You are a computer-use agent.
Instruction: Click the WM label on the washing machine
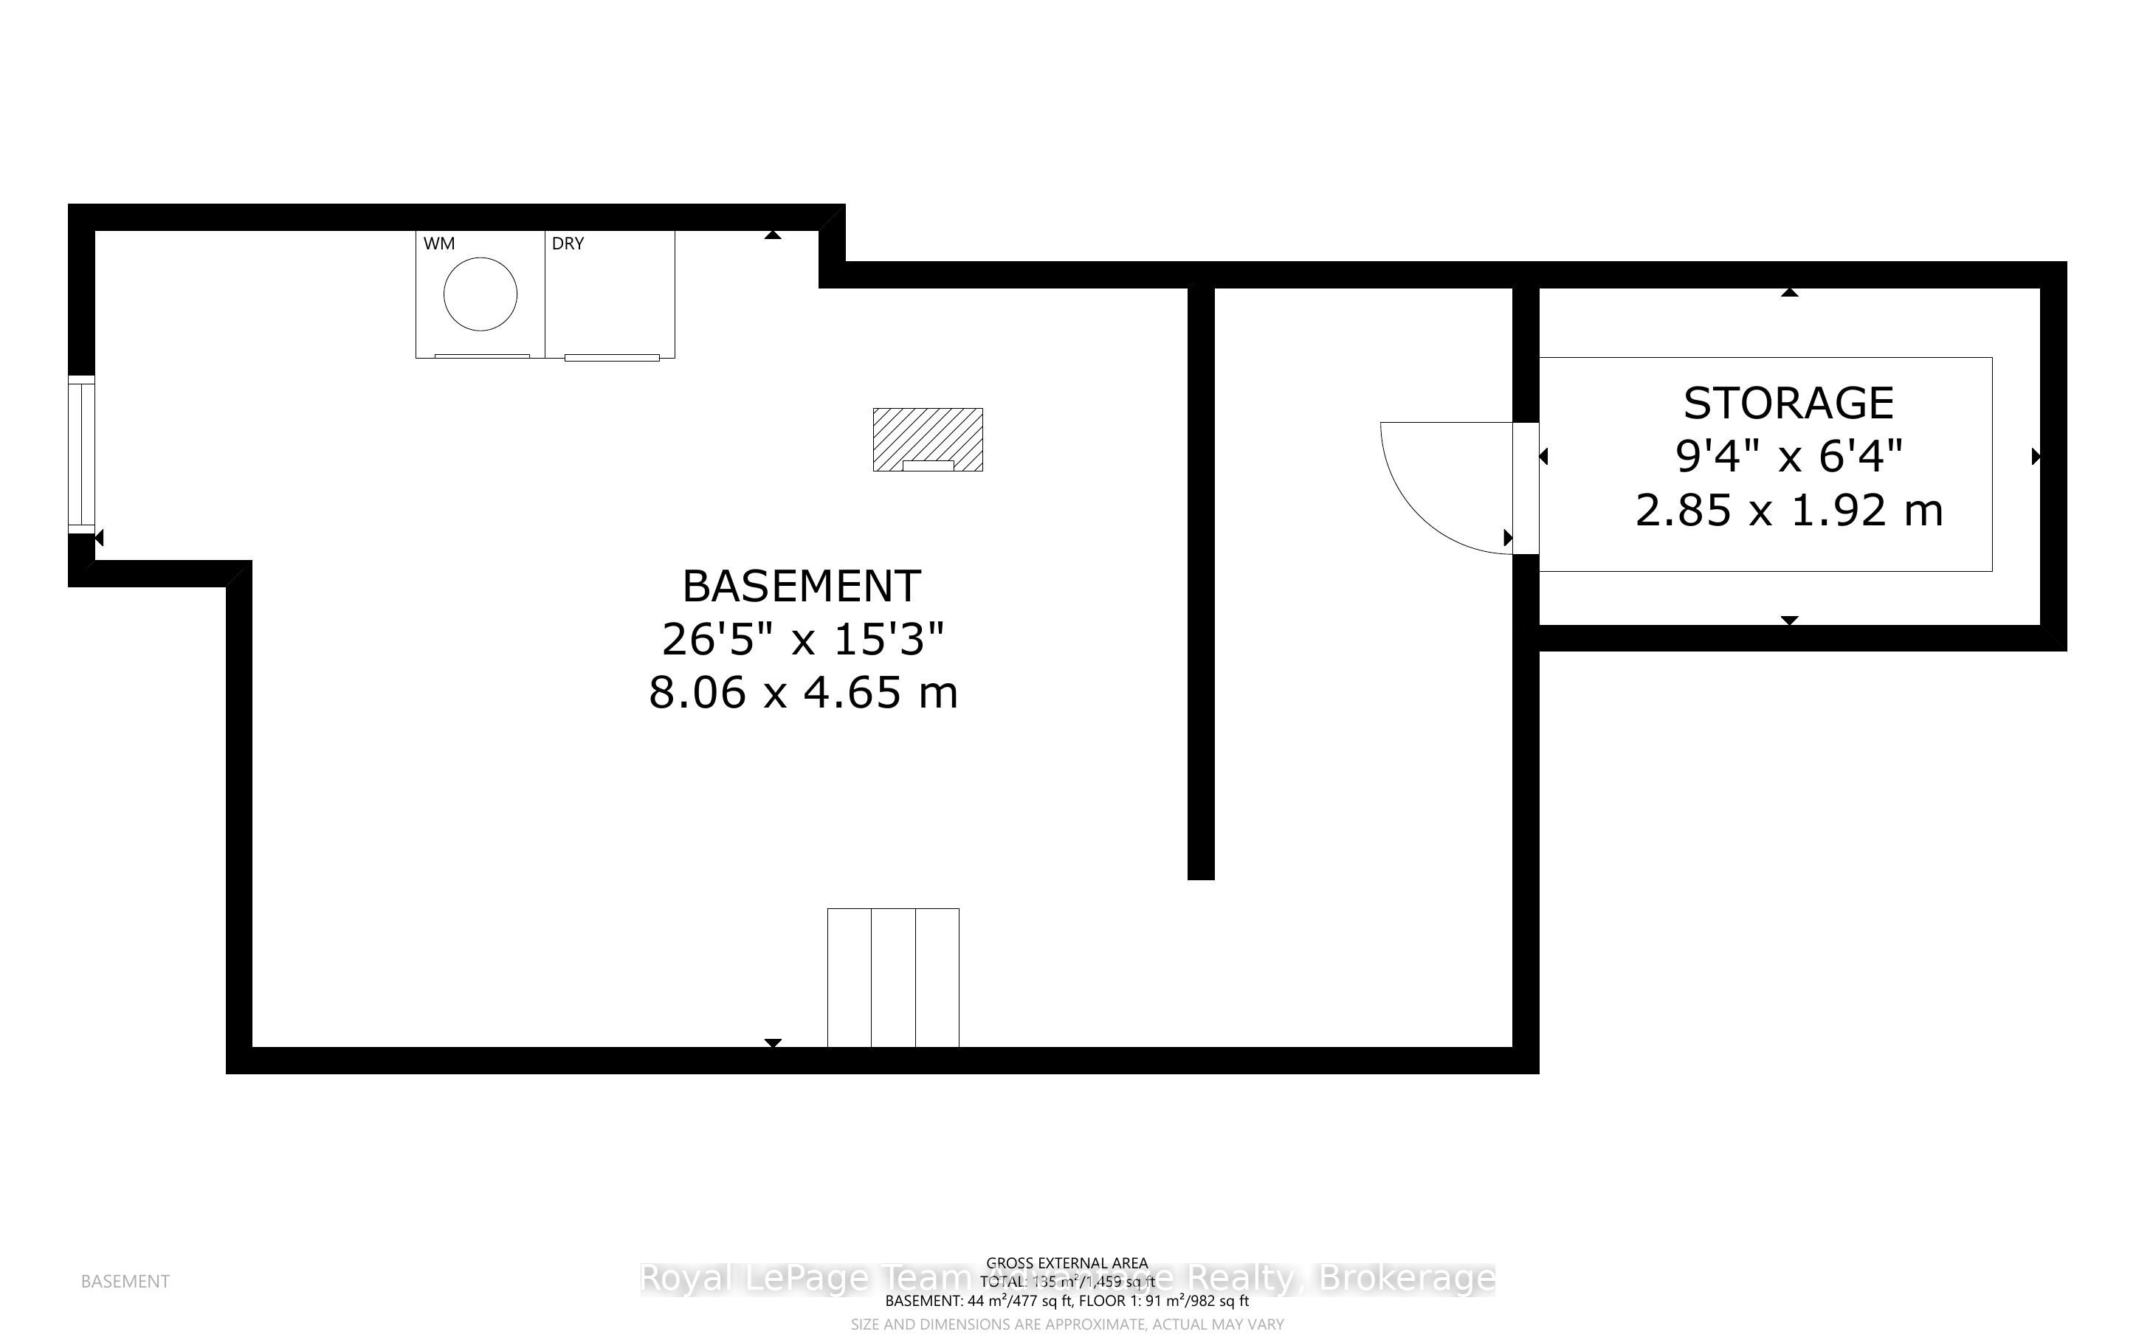(438, 243)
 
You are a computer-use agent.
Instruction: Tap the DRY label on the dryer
(568, 243)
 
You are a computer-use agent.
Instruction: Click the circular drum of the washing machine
(480, 294)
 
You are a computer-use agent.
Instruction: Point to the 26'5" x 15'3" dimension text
(802, 639)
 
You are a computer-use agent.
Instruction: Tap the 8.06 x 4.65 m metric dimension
(803, 693)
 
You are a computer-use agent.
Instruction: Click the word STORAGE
(1788, 404)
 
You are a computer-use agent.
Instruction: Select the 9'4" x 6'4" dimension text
(1788, 457)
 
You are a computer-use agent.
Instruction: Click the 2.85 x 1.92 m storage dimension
(1788, 511)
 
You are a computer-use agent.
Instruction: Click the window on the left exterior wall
(82, 455)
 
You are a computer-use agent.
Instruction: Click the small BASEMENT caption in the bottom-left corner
(125, 1281)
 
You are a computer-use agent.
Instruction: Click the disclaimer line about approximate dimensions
(1067, 1324)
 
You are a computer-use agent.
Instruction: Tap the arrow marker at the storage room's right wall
(2036, 456)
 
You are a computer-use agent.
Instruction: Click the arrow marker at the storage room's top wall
(1788, 292)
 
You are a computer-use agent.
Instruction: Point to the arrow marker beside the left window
(99, 537)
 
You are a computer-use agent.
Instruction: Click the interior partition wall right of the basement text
(1201, 582)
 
